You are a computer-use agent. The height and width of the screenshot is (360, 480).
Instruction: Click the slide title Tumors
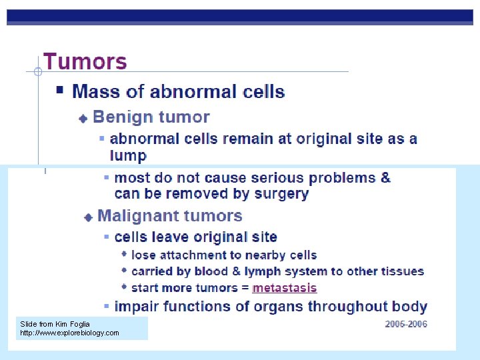pos(85,62)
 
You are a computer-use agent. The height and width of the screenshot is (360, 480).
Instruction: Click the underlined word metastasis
pos(285,288)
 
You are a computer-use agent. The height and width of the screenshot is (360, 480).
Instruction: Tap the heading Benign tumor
pos(151,117)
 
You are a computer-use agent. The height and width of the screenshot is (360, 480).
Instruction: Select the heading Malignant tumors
pos(169,216)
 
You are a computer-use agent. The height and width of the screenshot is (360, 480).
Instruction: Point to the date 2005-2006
pos(406,325)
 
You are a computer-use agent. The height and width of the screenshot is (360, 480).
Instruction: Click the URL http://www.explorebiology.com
pos(69,333)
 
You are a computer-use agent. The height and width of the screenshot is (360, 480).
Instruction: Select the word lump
pos(128,155)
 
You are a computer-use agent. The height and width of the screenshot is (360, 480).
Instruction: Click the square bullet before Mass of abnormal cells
pos(60,89)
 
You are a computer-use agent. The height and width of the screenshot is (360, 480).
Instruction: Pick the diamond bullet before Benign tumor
pos(83,119)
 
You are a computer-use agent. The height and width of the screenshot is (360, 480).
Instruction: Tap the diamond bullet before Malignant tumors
pos(88,217)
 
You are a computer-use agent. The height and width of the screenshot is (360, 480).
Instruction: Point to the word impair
pos(136,307)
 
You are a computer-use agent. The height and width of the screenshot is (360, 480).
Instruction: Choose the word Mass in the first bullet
pos(93,91)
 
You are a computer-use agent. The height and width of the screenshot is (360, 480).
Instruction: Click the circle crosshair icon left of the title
pos(38,71)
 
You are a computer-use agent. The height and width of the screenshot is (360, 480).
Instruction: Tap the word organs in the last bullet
pos(280,307)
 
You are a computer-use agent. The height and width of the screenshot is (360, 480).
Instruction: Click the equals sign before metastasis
pos(245,288)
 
